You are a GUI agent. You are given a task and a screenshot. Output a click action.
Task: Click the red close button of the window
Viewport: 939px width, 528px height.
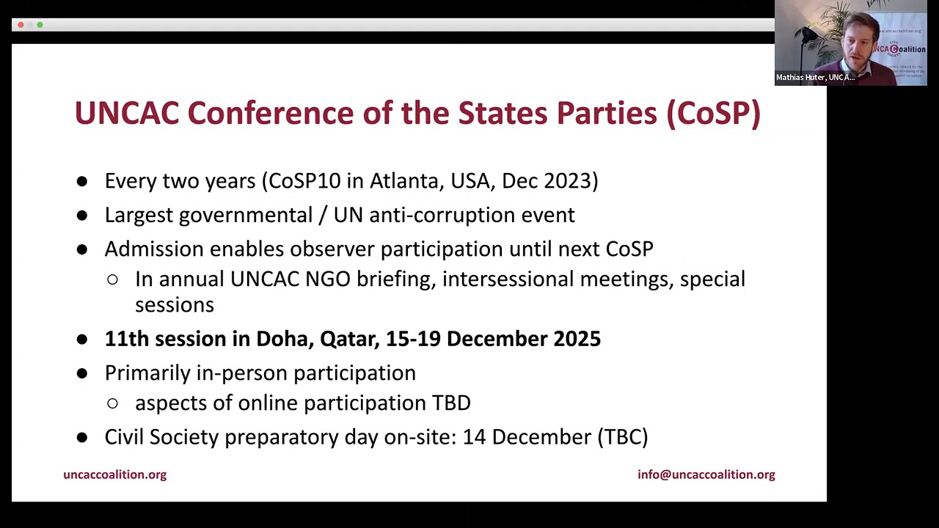coord(21,25)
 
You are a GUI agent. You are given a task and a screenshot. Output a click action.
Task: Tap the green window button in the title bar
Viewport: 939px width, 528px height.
coord(40,25)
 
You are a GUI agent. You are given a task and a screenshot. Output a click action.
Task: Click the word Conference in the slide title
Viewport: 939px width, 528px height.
coord(271,113)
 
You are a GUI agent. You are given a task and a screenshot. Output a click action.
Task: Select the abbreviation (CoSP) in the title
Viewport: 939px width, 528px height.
coord(714,114)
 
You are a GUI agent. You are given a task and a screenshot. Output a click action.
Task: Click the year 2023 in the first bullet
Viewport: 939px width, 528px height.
coord(571,181)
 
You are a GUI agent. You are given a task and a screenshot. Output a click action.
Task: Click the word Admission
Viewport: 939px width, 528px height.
coord(154,249)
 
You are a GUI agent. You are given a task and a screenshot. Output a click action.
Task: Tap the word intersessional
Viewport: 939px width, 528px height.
coord(508,279)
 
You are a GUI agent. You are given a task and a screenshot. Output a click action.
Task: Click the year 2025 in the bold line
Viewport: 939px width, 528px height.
coord(577,339)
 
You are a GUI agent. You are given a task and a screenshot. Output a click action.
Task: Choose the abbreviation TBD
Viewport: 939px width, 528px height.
coord(451,403)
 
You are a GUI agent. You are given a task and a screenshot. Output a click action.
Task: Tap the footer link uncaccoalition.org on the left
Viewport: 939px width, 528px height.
coord(115,474)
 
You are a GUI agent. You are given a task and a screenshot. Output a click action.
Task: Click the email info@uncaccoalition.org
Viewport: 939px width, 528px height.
coord(706,474)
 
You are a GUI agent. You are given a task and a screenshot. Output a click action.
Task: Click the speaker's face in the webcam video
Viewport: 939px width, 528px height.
coord(859,43)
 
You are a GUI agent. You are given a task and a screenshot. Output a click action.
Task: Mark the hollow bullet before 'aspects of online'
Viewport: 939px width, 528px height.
coord(112,403)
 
